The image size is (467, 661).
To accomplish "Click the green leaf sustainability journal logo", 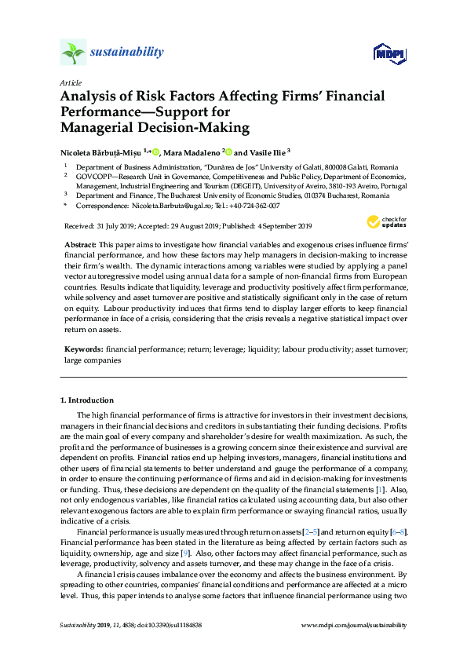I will click(73, 53).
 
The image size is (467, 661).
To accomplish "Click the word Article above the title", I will click(70, 82).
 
